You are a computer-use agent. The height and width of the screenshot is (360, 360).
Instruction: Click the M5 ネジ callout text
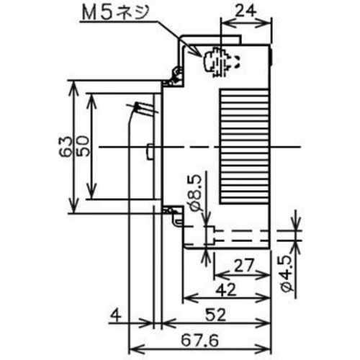[x=115, y=13]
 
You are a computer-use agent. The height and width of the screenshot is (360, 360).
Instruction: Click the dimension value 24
[x=245, y=11]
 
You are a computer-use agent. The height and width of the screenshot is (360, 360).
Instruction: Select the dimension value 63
[x=66, y=147]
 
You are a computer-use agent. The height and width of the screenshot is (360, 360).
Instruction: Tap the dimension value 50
[x=83, y=146]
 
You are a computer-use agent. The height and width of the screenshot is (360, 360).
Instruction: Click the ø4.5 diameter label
[x=288, y=274]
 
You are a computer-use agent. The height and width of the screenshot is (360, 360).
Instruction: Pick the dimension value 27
[x=243, y=266]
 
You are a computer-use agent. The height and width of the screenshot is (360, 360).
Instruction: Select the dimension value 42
[x=226, y=289]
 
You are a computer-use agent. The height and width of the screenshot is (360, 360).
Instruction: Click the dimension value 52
[x=215, y=315]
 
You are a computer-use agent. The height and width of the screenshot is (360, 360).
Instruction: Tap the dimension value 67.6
[x=200, y=341]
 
